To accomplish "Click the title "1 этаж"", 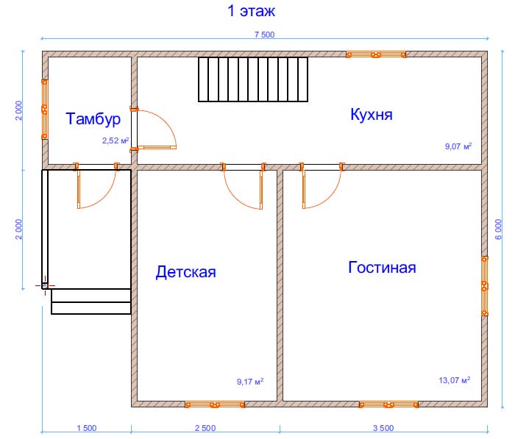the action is (x=252, y=11).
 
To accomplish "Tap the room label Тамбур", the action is (x=93, y=119).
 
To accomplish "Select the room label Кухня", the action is (x=372, y=115).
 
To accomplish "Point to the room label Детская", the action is (x=186, y=272).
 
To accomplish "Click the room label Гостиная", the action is (x=382, y=267).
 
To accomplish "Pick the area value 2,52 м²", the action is (x=116, y=140).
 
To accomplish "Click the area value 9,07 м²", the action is (x=458, y=146).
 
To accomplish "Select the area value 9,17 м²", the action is (x=250, y=382).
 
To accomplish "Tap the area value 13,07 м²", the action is (x=455, y=380).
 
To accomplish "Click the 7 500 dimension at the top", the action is (x=264, y=35).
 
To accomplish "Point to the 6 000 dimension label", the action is (x=499, y=229).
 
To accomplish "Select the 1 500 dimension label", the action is (x=87, y=428).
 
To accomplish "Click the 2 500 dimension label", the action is (x=205, y=428).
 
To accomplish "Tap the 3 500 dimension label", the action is (x=383, y=428).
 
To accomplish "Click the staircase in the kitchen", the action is (x=253, y=79).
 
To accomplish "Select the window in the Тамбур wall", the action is (x=44, y=110).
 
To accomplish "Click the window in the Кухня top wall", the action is (x=376, y=54).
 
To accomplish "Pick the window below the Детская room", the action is (x=215, y=404).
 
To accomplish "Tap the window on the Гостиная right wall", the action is (x=484, y=286).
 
